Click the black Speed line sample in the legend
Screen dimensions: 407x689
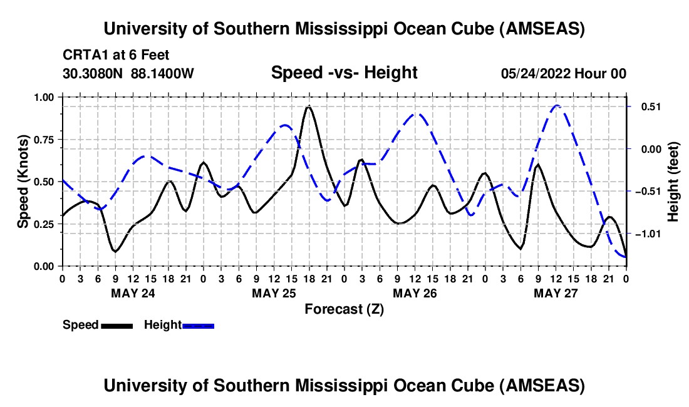click(116, 325)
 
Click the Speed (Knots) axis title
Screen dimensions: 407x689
click(23, 182)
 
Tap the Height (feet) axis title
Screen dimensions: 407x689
click(674, 182)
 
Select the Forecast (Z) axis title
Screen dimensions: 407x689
click(344, 309)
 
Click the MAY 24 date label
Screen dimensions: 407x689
click(133, 293)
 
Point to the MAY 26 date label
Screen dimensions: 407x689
click(414, 293)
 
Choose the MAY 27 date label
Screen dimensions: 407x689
click(555, 293)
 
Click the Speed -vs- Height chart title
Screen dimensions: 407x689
click(344, 73)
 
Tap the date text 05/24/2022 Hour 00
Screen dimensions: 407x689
click(564, 73)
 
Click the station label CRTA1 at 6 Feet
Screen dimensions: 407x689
click(116, 56)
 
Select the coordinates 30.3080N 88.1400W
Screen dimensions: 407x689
click(128, 73)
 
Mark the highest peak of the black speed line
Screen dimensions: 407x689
click(308, 107)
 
